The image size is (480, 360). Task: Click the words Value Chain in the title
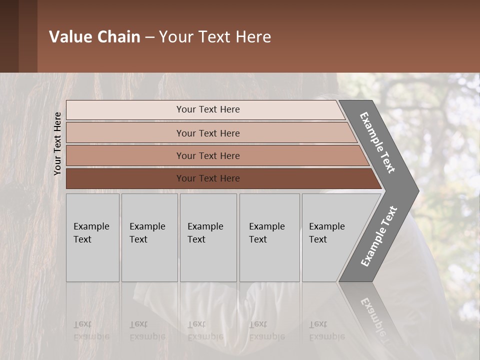(94, 37)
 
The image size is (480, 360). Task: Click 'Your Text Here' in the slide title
(215, 37)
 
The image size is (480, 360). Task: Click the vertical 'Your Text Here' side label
(58, 143)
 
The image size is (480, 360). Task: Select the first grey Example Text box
(92, 237)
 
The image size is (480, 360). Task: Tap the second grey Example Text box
(149, 237)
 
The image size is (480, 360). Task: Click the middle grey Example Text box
(208, 237)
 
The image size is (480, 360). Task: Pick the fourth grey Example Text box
(269, 237)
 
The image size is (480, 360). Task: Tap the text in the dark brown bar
(208, 178)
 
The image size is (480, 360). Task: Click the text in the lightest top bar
(208, 109)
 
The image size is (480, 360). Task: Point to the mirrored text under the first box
(91, 330)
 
